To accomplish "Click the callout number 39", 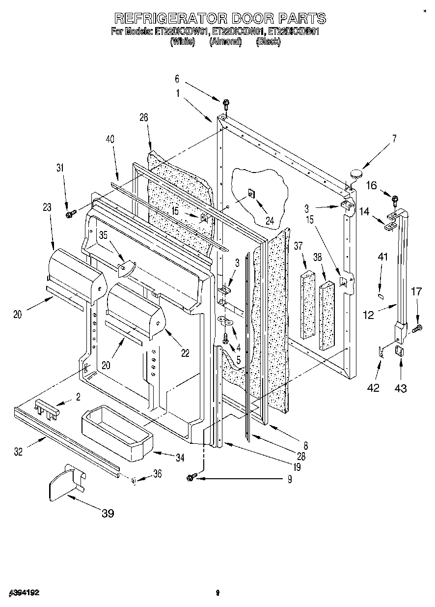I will click(x=108, y=514).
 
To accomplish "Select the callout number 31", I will click(x=59, y=168).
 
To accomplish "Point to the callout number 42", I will click(x=374, y=388).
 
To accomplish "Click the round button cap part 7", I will click(x=356, y=173).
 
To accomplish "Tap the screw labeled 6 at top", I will click(x=226, y=104).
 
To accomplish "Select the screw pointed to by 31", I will click(x=70, y=213).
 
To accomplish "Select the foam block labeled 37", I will click(x=308, y=305).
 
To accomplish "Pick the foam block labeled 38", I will click(x=326, y=315).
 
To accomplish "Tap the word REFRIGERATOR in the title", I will click(x=170, y=19).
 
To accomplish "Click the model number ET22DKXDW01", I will click(x=182, y=32).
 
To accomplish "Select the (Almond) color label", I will click(x=225, y=42).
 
